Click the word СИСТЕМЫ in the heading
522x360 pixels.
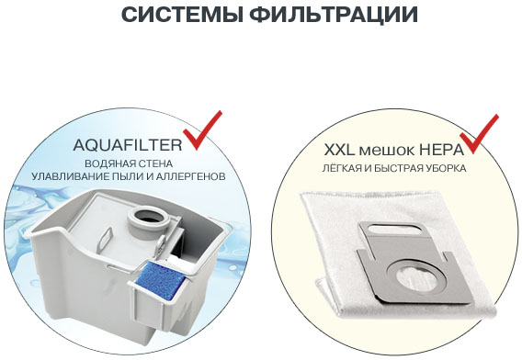[x=183, y=14]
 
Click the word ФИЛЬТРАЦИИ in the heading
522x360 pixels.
[x=334, y=15]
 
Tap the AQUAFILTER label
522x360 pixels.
[x=128, y=145]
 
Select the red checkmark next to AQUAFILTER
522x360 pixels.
[x=202, y=130]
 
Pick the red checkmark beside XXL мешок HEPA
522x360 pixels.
[x=479, y=134]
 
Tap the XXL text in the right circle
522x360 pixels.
[x=339, y=151]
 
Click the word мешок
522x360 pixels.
[x=387, y=152]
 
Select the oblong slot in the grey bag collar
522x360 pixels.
[x=394, y=230]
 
